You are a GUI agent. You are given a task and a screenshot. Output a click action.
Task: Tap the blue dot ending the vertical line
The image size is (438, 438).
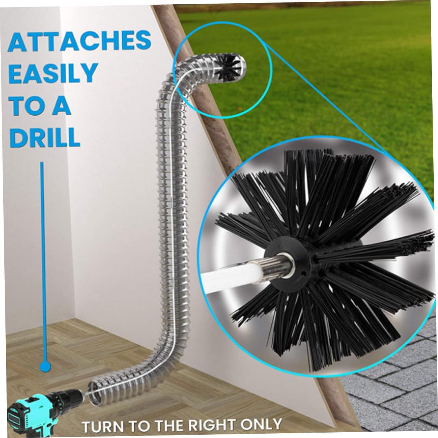pos(45,367)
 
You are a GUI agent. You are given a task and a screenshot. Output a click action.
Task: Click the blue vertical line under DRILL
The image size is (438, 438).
pos(43,252)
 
